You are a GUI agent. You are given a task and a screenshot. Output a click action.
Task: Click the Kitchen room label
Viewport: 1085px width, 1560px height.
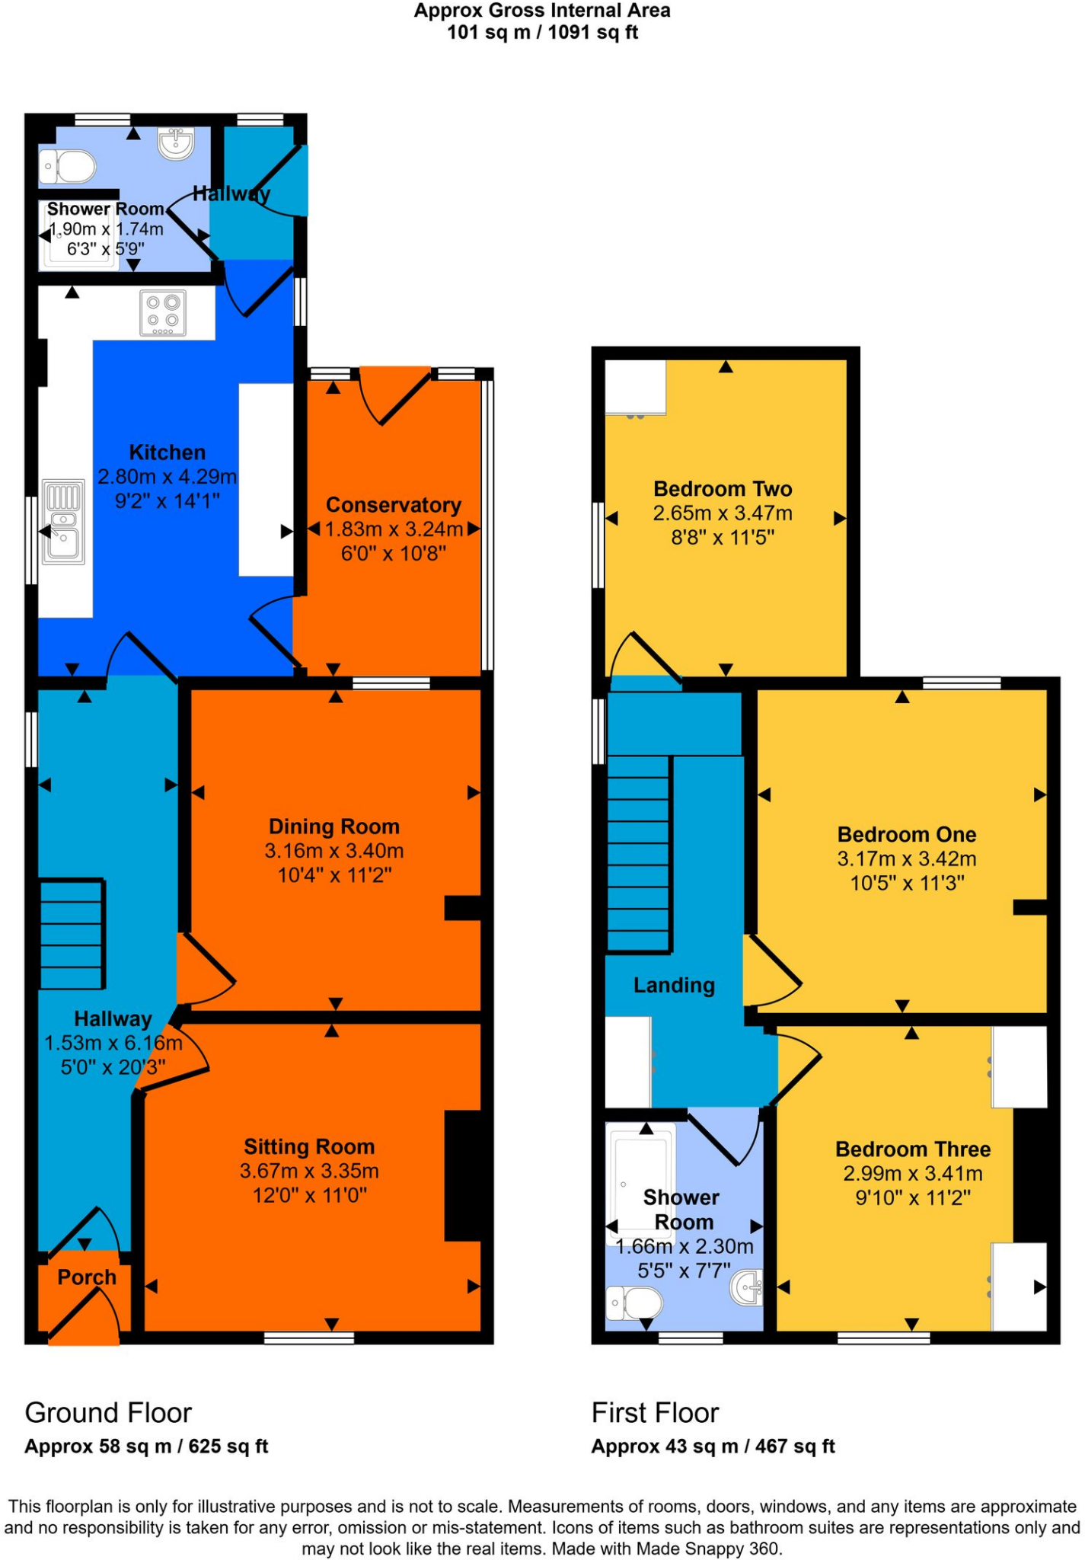coord(167,452)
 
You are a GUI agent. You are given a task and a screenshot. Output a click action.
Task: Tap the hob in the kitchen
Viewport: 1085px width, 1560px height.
coord(163,314)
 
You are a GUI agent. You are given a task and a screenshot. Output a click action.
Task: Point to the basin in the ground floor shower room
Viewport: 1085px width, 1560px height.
coord(177,143)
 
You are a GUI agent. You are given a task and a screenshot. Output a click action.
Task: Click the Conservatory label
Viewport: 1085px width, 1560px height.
coord(394,505)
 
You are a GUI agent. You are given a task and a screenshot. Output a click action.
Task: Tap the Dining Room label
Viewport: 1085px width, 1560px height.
coord(334,826)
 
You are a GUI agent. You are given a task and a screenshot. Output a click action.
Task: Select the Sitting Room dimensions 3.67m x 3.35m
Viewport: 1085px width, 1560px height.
coord(309,1171)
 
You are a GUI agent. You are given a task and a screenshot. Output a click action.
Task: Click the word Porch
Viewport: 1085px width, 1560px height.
coord(87,1277)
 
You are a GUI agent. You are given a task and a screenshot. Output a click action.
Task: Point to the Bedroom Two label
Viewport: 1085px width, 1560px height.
coord(723,489)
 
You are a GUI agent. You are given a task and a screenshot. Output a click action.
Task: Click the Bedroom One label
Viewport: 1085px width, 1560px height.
coord(907,835)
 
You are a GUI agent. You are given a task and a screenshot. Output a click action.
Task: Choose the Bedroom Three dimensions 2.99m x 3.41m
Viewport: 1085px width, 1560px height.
coord(913,1174)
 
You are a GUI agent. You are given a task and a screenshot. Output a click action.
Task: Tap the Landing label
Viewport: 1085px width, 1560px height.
coord(674,986)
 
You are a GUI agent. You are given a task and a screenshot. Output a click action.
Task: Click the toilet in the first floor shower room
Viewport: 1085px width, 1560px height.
coord(634,1303)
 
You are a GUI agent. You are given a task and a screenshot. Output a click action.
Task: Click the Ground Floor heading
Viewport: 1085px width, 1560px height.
coord(108,1413)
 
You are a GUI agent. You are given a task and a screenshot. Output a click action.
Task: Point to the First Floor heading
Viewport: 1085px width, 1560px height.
coord(655,1413)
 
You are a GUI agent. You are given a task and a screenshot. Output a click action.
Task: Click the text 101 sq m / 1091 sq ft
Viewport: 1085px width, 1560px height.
coord(542,33)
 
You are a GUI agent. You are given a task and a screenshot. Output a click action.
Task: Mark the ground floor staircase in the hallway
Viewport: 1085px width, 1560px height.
coord(71,935)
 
